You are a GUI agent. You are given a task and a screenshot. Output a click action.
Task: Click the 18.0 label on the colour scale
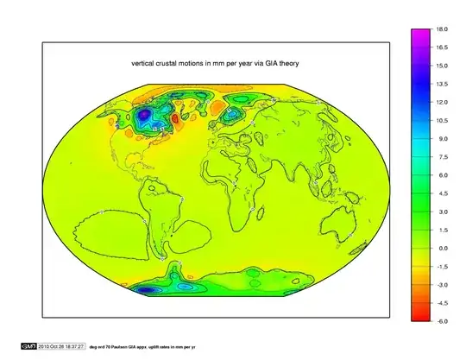pos(441,28)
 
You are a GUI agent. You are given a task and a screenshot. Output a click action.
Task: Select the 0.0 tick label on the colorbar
pos(441,248)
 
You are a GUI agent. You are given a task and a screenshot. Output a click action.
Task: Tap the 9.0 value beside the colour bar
pos(441,138)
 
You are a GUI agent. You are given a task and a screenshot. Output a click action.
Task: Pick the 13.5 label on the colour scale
pos(441,84)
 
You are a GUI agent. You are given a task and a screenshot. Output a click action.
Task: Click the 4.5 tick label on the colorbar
pos(441,193)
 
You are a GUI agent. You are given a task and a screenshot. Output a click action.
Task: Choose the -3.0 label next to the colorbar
pos(441,284)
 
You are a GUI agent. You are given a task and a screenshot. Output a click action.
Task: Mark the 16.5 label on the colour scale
pos(441,47)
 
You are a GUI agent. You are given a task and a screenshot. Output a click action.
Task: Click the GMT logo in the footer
pos(28,346)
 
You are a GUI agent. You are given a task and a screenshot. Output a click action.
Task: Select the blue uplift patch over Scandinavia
pos(232,113)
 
